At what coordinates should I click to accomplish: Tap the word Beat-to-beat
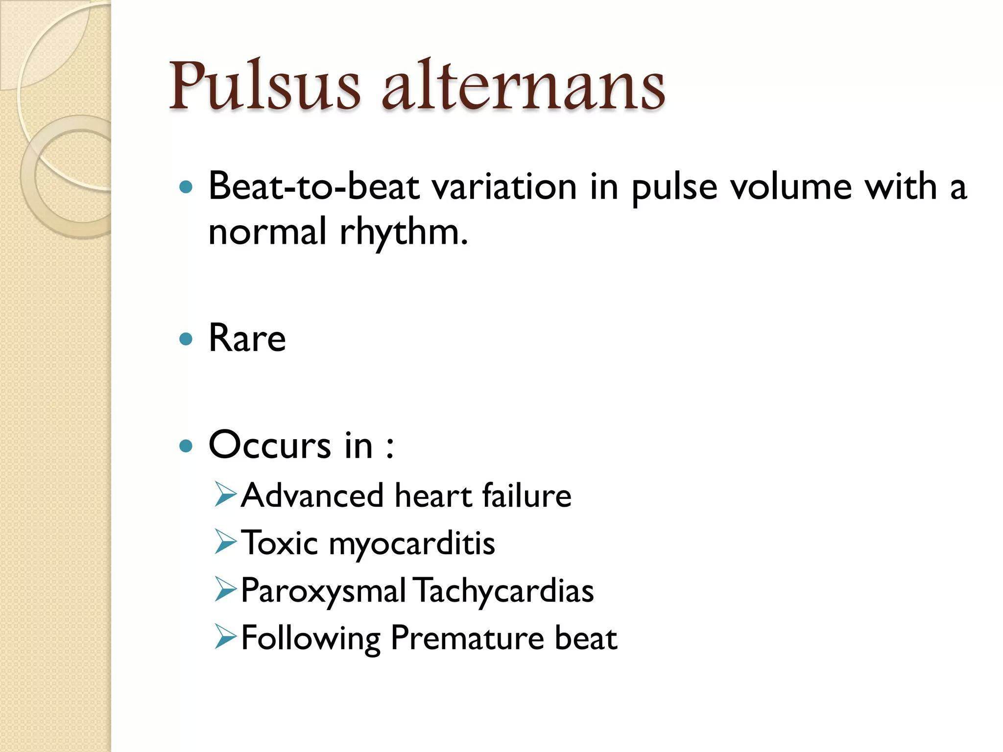click(x=314, y=187)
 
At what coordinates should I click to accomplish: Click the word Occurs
click(x=270, y=445)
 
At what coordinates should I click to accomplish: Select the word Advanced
click(x=312, y=495)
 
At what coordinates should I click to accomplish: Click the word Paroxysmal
click(x=323, y=591)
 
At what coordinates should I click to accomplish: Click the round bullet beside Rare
click(x=186, y=339)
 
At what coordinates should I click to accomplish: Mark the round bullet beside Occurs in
click(x=186, y=446)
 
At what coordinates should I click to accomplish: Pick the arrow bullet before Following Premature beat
click(x=226, y=637)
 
